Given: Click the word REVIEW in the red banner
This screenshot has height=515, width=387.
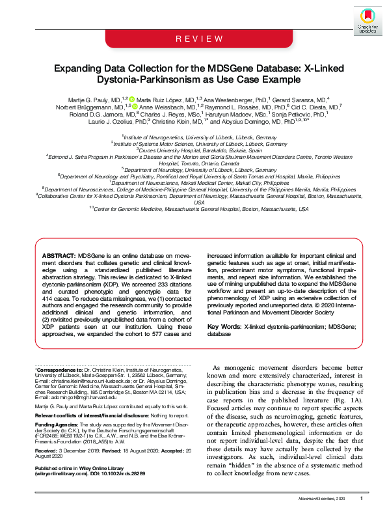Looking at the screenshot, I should coord(194,40).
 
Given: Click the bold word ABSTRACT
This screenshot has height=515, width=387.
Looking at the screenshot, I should coord(59,257).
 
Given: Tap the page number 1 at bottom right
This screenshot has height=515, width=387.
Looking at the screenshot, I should coord(361,499).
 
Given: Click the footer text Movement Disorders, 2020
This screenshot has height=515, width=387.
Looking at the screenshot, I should coord(321,499).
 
